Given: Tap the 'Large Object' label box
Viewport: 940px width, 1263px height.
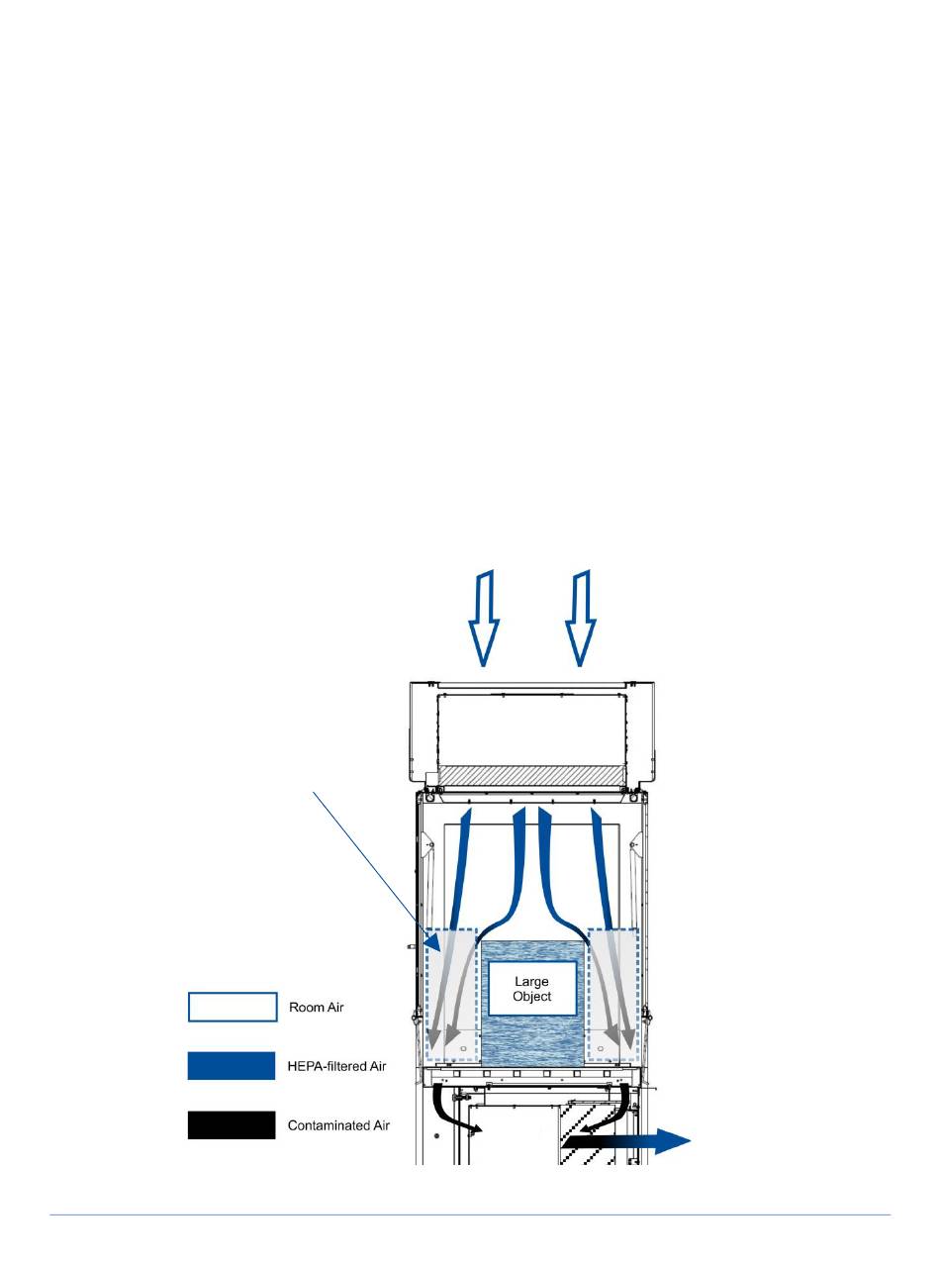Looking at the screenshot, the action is point(531,989).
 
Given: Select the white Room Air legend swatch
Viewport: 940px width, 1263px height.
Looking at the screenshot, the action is point(232,1007).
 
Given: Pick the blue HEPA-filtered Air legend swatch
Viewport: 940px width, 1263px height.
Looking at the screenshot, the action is point(232,1066).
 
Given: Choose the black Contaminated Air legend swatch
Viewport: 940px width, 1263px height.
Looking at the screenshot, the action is point(232,1125).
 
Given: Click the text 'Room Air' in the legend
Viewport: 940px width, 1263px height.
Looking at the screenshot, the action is point(316,1008).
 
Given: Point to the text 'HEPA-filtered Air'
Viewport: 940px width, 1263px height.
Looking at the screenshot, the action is point(336,1066).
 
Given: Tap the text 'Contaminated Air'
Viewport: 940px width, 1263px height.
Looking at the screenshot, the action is point(338,1125).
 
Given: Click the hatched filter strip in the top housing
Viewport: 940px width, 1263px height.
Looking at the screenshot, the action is point(532,776).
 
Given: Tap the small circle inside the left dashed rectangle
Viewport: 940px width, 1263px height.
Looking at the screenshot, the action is point(463,1046).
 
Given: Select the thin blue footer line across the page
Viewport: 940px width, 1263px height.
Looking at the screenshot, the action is point(470,1214).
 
